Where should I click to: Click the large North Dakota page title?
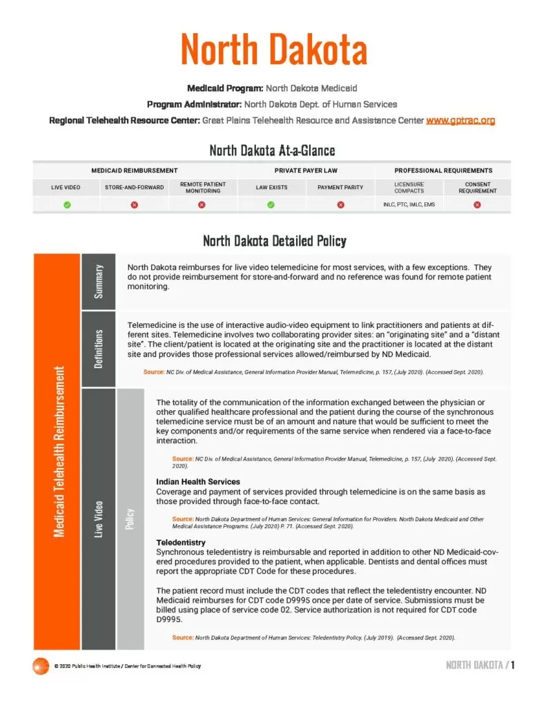coord(273,50)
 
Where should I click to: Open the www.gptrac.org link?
coord(460,120)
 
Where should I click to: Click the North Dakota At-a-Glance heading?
coord(272,151)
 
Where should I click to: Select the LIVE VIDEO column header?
coord(66,187)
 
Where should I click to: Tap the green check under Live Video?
coord(66,205)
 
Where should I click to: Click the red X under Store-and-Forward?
coord(135,205)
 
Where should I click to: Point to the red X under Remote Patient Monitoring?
coord(202,205)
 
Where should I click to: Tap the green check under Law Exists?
coord(271,205)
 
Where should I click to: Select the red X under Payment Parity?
coord(340,205)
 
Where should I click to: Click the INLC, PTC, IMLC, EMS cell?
coord(409,205)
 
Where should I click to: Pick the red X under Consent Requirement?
coord(477,205)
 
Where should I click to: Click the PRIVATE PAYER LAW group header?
coord(306,170)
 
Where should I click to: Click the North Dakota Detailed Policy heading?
coord(274,241)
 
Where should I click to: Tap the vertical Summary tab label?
coord(99,281)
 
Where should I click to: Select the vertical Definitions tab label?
coord(99,348)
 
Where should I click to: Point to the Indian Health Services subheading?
coord(198,481)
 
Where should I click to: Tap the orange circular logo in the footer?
coord(41,666)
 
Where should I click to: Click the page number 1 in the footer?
coord(513,665)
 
